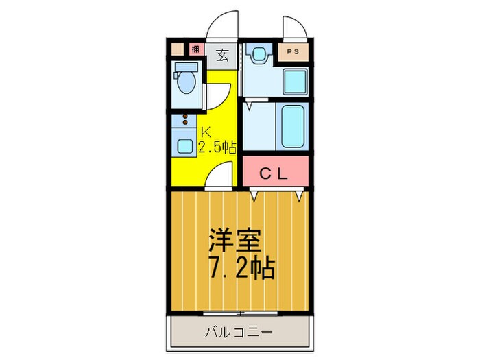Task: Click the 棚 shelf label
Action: click(x=195, y=49)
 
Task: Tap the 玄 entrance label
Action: click(x=223, y=55)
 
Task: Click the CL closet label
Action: click(x=275, y=173)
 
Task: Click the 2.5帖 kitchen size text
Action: click(x=217, y=147)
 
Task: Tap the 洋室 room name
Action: click(x=237, y=242)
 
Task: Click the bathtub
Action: click(x=292, y=125)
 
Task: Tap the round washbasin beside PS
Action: click(x=259, y=56)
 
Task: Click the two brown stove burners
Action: click(x=184, y=120)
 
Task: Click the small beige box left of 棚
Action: click(x=178, y=49)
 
